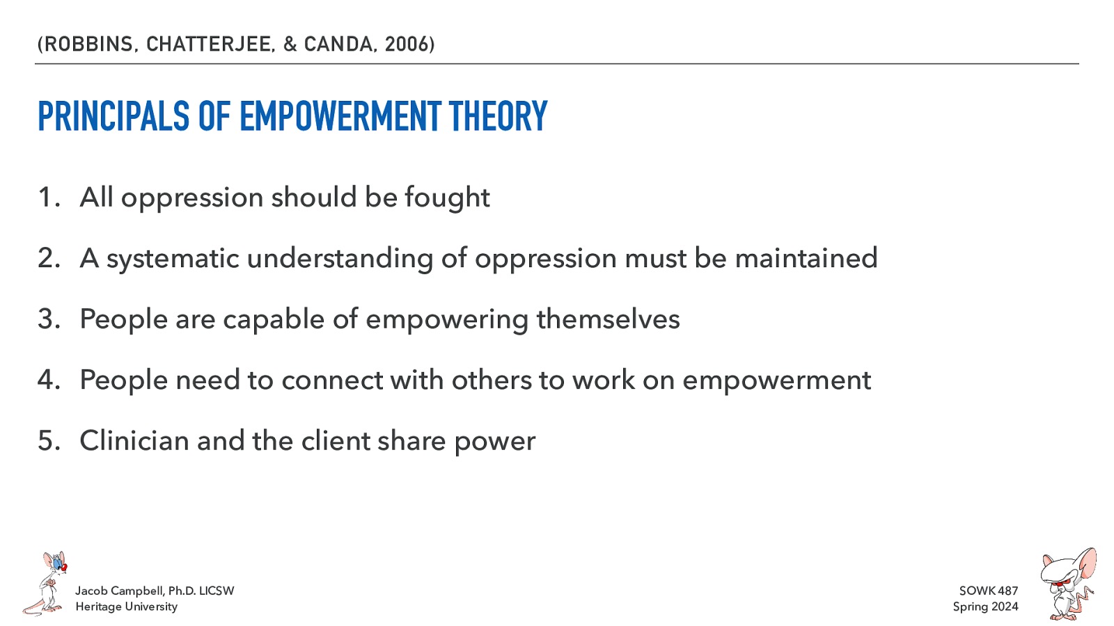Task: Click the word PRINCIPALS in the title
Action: (x=113, y=116)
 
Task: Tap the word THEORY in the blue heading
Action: (x=499, y=116)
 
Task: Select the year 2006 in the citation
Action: (x=407, y=45)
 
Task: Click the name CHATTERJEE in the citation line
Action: (x=210, y=45)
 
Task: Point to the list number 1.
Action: (x=47, y=198)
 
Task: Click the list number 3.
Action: (x=47, y=319)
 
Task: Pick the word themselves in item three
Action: (x=608, y=319)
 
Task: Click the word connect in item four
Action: (x=332, y=380)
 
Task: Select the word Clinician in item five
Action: (x=134, y=441)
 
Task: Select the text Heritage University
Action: (x=127, y=607)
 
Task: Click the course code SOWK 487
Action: (x=988, y=591)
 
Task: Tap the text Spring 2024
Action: (x=985, y=607)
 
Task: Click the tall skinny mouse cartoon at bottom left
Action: (x=47, y=584)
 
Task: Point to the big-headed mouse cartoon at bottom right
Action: (x=1067, y=584)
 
